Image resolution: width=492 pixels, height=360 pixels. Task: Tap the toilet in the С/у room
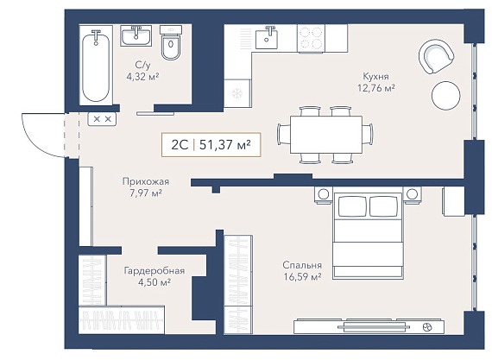171,42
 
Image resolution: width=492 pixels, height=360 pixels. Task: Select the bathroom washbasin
136,35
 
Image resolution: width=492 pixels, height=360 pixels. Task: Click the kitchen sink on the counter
267,37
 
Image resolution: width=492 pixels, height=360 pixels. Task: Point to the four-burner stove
311,38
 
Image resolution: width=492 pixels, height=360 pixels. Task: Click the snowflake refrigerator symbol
237,93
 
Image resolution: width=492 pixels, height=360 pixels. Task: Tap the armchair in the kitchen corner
436,56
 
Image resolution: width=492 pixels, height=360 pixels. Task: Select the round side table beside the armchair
446,96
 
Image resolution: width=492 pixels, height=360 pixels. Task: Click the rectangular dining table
326,135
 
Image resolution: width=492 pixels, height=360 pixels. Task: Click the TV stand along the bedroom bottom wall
369,326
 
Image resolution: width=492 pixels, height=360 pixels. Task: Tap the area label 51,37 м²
225,145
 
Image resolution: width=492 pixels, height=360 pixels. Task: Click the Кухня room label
375,76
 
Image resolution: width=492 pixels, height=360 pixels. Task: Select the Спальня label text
302,265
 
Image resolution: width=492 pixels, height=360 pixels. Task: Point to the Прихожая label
146,181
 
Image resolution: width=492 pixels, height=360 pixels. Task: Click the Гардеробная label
155,270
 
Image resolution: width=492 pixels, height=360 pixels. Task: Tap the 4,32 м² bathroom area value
142,77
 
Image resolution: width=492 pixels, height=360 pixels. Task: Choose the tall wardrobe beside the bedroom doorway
238,284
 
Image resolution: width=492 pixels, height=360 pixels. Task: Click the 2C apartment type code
180,145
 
